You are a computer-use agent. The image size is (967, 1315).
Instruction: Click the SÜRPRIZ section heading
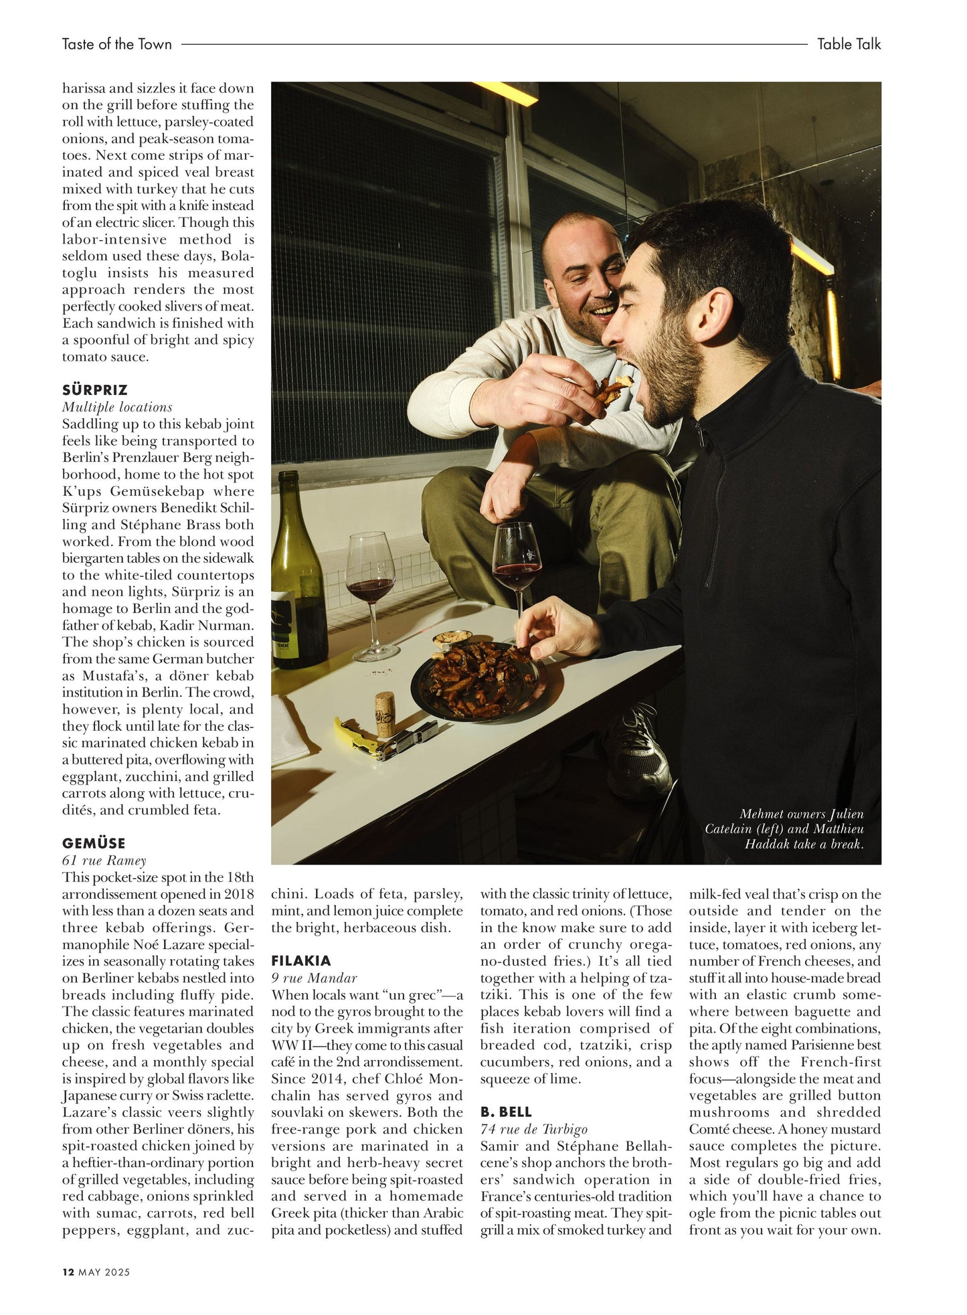tap(94, 389)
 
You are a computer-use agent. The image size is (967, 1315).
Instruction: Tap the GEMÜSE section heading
tap(94, 843)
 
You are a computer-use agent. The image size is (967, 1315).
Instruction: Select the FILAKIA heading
tap(301, 961)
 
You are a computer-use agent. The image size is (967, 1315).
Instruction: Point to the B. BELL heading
tap(506, 1112)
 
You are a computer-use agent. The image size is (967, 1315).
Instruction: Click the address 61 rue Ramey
tap(104, 861)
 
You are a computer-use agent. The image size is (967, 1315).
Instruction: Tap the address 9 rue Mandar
tap(314, 978)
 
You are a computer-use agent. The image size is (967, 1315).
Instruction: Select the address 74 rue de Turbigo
tap(533, 1129)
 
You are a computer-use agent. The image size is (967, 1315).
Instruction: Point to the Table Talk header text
tap(849, 44)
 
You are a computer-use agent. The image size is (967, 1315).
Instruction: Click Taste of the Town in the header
tap(117, 44)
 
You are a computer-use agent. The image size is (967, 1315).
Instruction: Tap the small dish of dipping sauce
tap(448, 641)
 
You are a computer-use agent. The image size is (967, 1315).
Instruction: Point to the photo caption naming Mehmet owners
tap(790, 828)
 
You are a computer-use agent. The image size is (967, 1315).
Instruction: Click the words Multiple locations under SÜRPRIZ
tap(117, 407)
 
